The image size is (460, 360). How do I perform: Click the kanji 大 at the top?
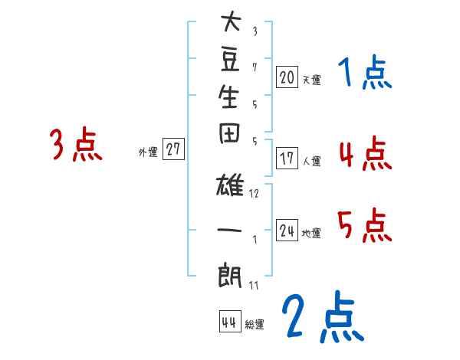click(x=231, y=24)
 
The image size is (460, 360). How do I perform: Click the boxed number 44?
click(x=229, y=322)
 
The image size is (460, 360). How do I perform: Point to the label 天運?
click(x=311, y=80)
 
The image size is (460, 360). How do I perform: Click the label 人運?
click(x=311, y=161)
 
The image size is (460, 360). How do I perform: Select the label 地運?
click(x=311, y=233)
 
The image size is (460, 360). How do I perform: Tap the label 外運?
click(x=148, y=152)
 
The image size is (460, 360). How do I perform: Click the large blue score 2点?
click(x=320, y=317)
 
